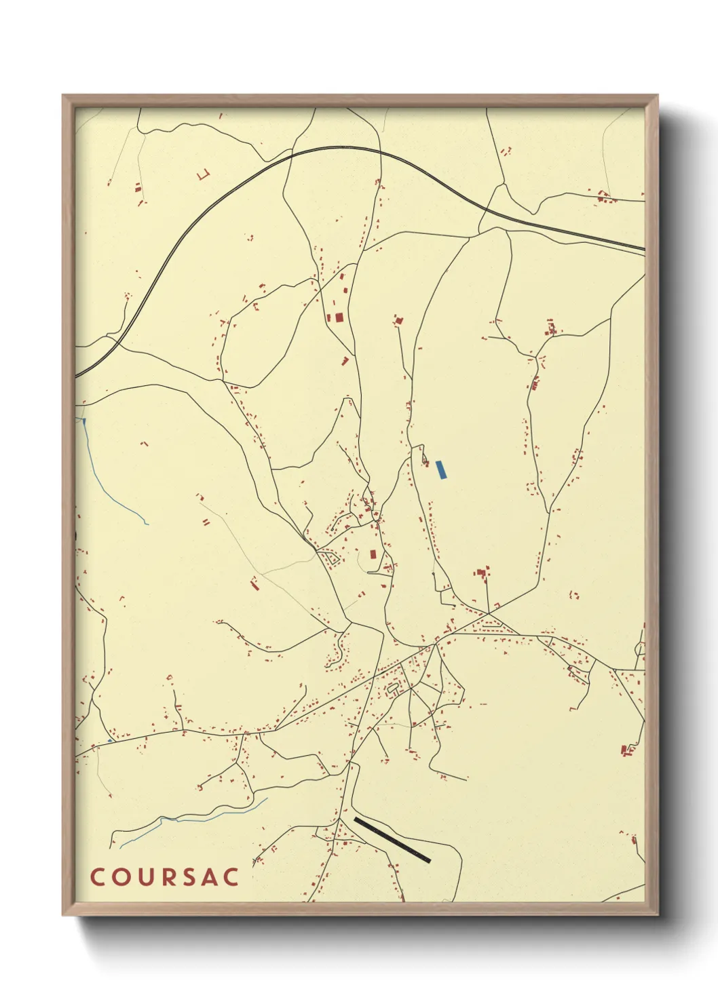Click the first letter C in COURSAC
pyautogui.click(x=97, y=876)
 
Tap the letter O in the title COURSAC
pyautogui.click(x=120, y=876)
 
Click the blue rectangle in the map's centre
pyautogui.click(x=442, y=469)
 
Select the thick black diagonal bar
pyautogui.click(x=392, y=840)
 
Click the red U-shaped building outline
pyautogui.click(x=203, y=174)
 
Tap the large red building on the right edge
pyautogui.click(x=626, y=750)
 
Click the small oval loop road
pyautogui.click(x=392, y=689)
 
